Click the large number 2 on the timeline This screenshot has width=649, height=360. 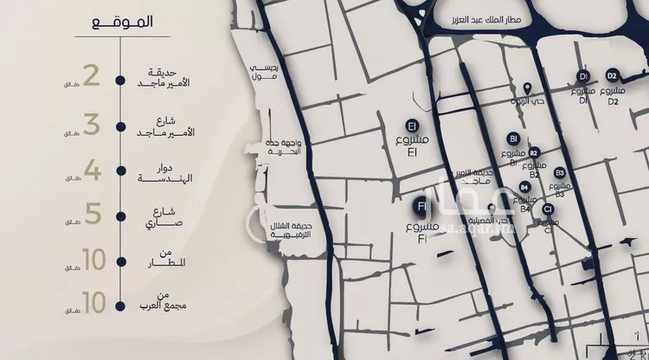pos(92,75)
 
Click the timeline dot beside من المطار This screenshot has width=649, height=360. pos(120,259)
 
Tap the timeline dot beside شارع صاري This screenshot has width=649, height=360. pos(120,215)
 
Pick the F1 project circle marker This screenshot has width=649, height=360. pos(421,207)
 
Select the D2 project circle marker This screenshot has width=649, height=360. pos(612,75)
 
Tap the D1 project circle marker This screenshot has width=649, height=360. pos(582,76)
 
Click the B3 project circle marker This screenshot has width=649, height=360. pos(560,173)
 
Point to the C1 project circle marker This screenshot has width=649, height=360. pos(548,209)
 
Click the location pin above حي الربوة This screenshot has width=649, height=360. pos(528,88)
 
